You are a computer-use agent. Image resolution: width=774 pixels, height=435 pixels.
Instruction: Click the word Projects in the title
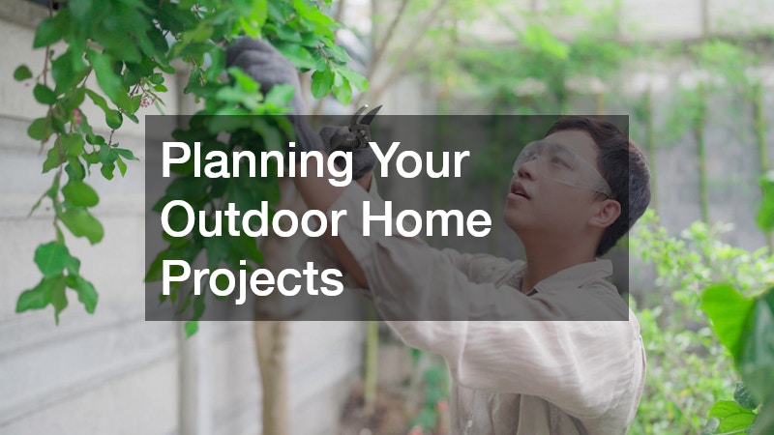253,280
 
